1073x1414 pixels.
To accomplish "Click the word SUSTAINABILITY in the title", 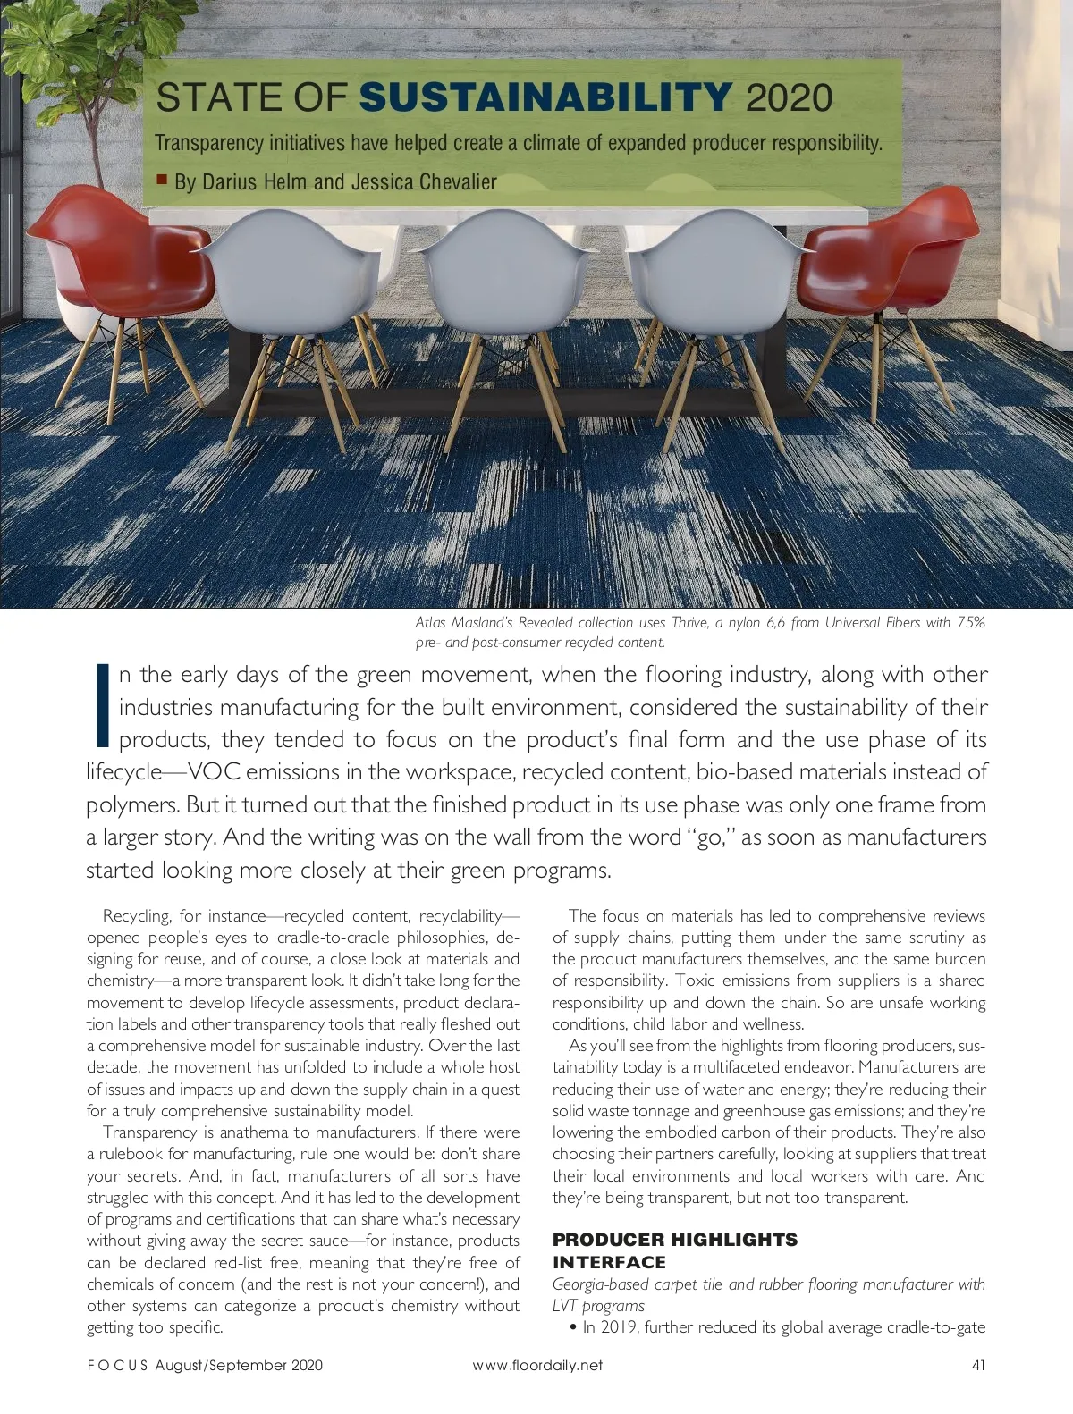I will pyautogui.click(x=547, y=97).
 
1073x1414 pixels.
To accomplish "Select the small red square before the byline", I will pyautogui.click(x=162, y=180).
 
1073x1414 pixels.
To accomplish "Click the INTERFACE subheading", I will pyautogui.click(x=609, y=1262).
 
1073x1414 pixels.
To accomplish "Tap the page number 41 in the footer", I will pyautogui.click(x=977, y=1365).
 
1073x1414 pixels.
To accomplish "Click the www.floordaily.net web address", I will pyautogui.click(x=536, y=1365).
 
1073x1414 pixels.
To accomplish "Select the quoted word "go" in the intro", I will pyautogui.click(x=707, y=837).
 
